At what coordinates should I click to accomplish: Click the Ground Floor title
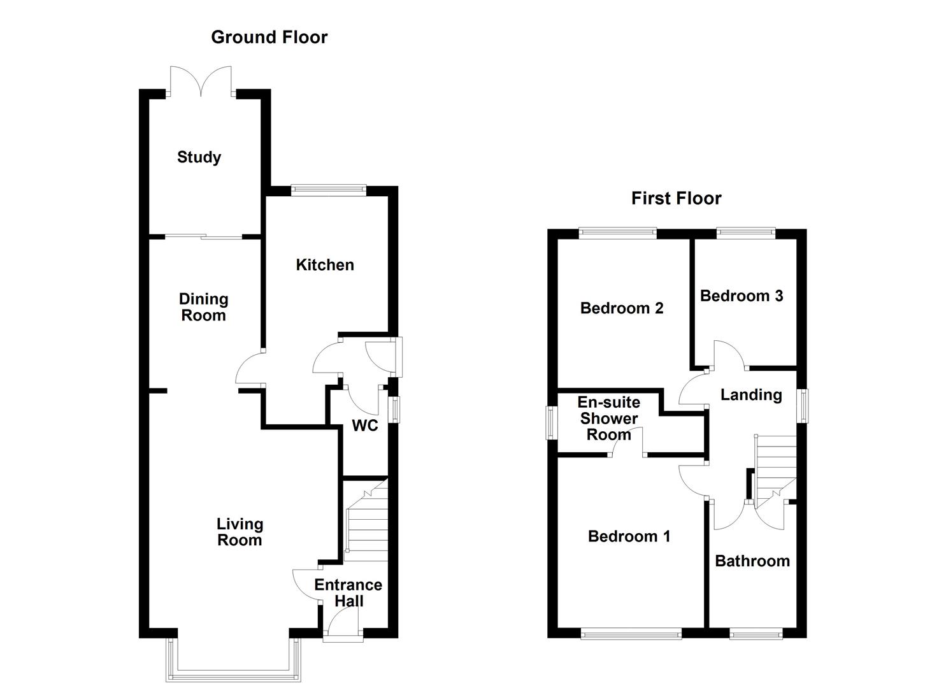click(269, 38)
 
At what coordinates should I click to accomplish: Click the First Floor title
click(676, 199)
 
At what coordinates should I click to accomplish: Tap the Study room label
click(199, 157)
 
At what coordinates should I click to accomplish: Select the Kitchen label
click(325, 265)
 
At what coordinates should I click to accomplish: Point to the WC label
click(365, 426)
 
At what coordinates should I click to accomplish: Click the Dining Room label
click(203, 307)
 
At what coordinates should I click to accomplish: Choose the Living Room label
click(240, 532)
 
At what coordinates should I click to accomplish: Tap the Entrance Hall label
click(348, 592)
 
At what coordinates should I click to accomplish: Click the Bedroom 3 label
click(742, 296)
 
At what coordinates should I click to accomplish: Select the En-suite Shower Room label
click(609, 419)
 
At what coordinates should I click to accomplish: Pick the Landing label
click(751, 395)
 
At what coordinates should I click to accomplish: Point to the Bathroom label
click(752, 561)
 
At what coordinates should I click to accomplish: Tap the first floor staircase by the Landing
click(775, 465)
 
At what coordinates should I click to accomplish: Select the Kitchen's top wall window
click(329, 190)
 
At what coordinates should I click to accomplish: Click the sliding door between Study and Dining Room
click(204, 238)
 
